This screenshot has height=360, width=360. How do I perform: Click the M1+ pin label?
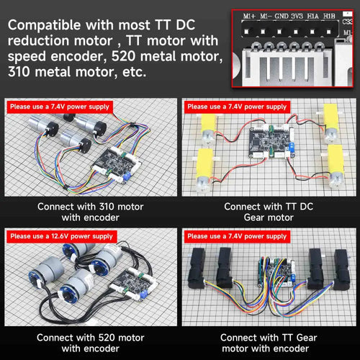pos(249,17)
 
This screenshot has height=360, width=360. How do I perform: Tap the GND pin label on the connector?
pos(282,17)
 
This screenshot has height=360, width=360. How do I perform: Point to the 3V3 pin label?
pos(297,17)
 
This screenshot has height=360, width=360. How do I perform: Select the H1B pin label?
pos(329,17)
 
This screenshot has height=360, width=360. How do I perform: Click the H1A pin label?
pos(313,17)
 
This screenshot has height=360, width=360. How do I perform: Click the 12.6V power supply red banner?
pos(62,237)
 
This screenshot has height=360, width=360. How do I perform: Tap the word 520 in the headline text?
pos(123,56)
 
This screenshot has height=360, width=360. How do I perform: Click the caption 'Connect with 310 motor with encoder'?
pos(91,212)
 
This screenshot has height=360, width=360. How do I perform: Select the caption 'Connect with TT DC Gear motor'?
pos(269,212)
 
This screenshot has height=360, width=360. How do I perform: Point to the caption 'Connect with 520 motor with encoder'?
pos(91,343)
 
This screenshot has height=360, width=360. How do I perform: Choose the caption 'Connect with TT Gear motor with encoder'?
pos(269,343)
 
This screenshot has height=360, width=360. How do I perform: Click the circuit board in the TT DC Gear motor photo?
pos(271,142)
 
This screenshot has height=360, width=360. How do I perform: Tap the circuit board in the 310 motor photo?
pos(117,164)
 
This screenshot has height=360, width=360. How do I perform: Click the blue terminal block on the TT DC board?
pos(292,148)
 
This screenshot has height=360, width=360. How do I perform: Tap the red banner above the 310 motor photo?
pos(60,107)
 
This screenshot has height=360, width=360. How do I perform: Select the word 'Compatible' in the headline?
pos(45,25)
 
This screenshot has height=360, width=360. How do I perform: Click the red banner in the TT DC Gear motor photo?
pos(237,107)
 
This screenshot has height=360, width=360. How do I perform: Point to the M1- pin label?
pos(266,17)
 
